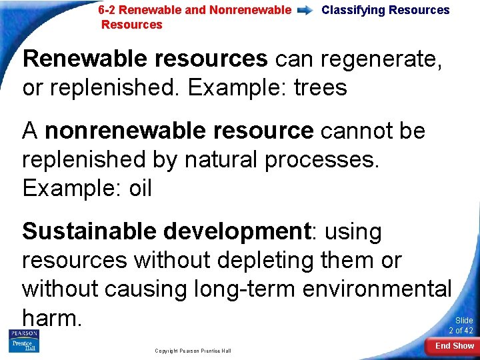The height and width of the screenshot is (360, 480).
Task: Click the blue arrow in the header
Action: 307,11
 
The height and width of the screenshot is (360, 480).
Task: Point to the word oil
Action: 140,188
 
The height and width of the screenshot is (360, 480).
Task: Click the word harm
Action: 51,318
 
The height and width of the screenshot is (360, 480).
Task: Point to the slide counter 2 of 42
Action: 461,331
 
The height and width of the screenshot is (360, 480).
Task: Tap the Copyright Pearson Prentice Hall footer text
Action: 193,351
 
